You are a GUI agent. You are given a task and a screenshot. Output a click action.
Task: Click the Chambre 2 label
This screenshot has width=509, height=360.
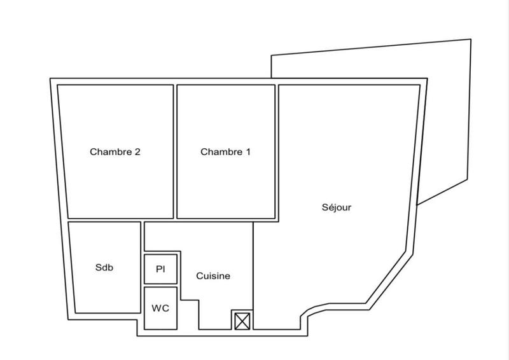115,152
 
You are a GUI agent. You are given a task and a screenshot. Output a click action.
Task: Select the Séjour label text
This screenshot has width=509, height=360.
337,207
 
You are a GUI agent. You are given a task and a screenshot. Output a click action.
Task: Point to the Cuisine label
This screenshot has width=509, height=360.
213,276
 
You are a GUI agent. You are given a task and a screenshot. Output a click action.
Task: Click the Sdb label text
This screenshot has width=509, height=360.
104,268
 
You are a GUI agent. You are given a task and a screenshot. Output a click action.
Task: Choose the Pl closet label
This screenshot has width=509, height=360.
161,269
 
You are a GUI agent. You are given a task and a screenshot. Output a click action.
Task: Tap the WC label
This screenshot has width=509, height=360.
160,308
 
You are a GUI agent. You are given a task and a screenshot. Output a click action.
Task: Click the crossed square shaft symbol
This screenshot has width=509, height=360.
241,320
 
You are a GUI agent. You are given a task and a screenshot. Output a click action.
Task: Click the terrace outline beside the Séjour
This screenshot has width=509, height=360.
445,127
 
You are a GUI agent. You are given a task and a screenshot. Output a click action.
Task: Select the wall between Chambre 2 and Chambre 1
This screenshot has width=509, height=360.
175,152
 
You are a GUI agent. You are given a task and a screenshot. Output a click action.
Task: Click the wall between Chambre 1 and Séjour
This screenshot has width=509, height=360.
277,152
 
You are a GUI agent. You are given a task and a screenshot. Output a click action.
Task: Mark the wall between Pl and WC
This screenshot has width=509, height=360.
161,285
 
